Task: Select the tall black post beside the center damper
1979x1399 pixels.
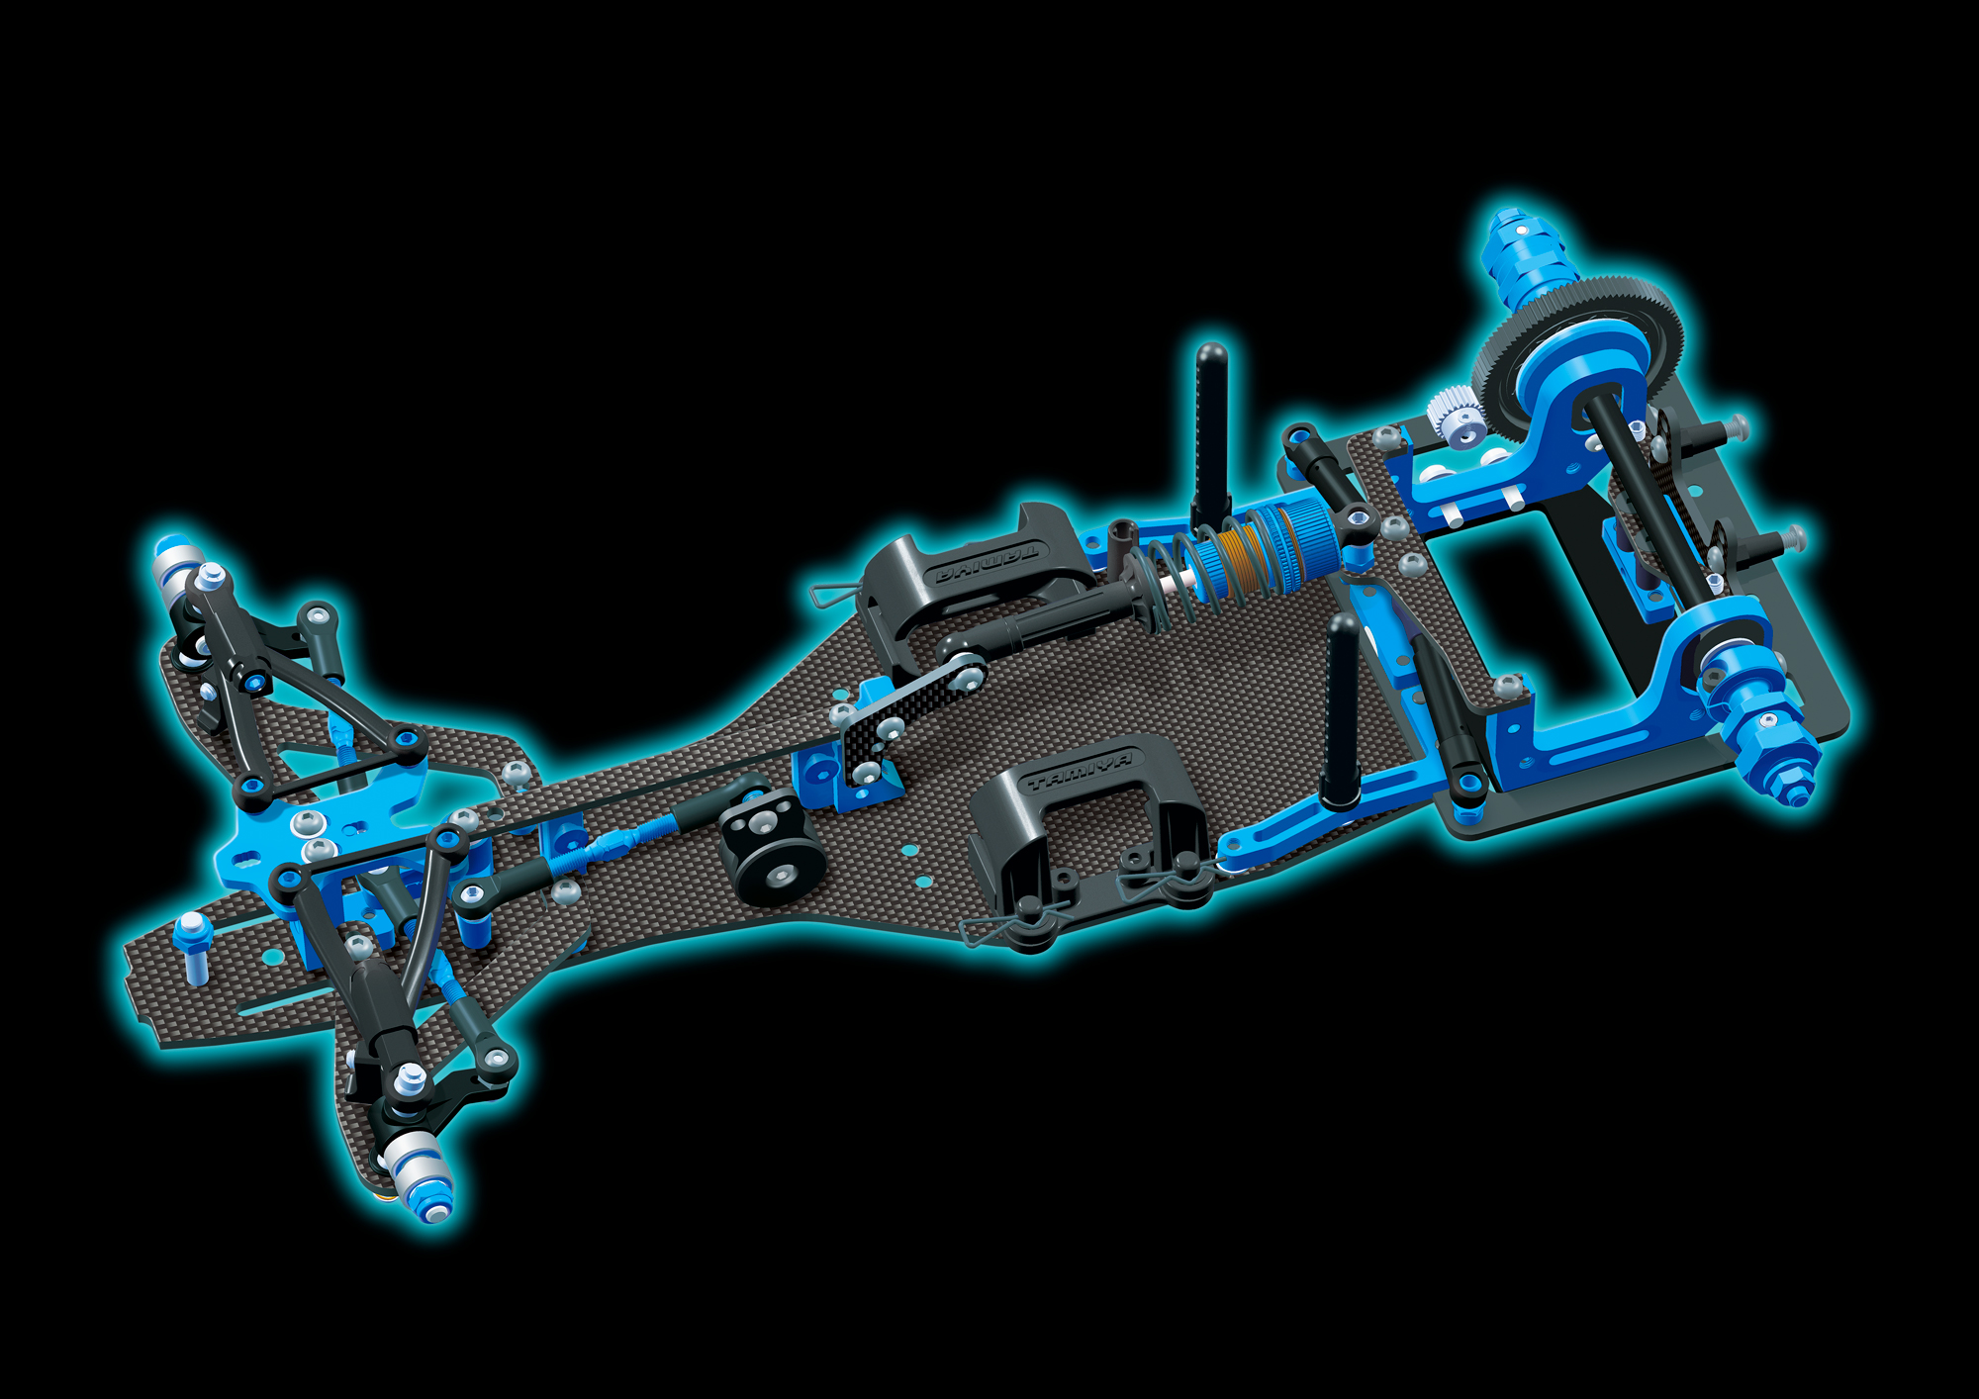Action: click(1211, 435)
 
